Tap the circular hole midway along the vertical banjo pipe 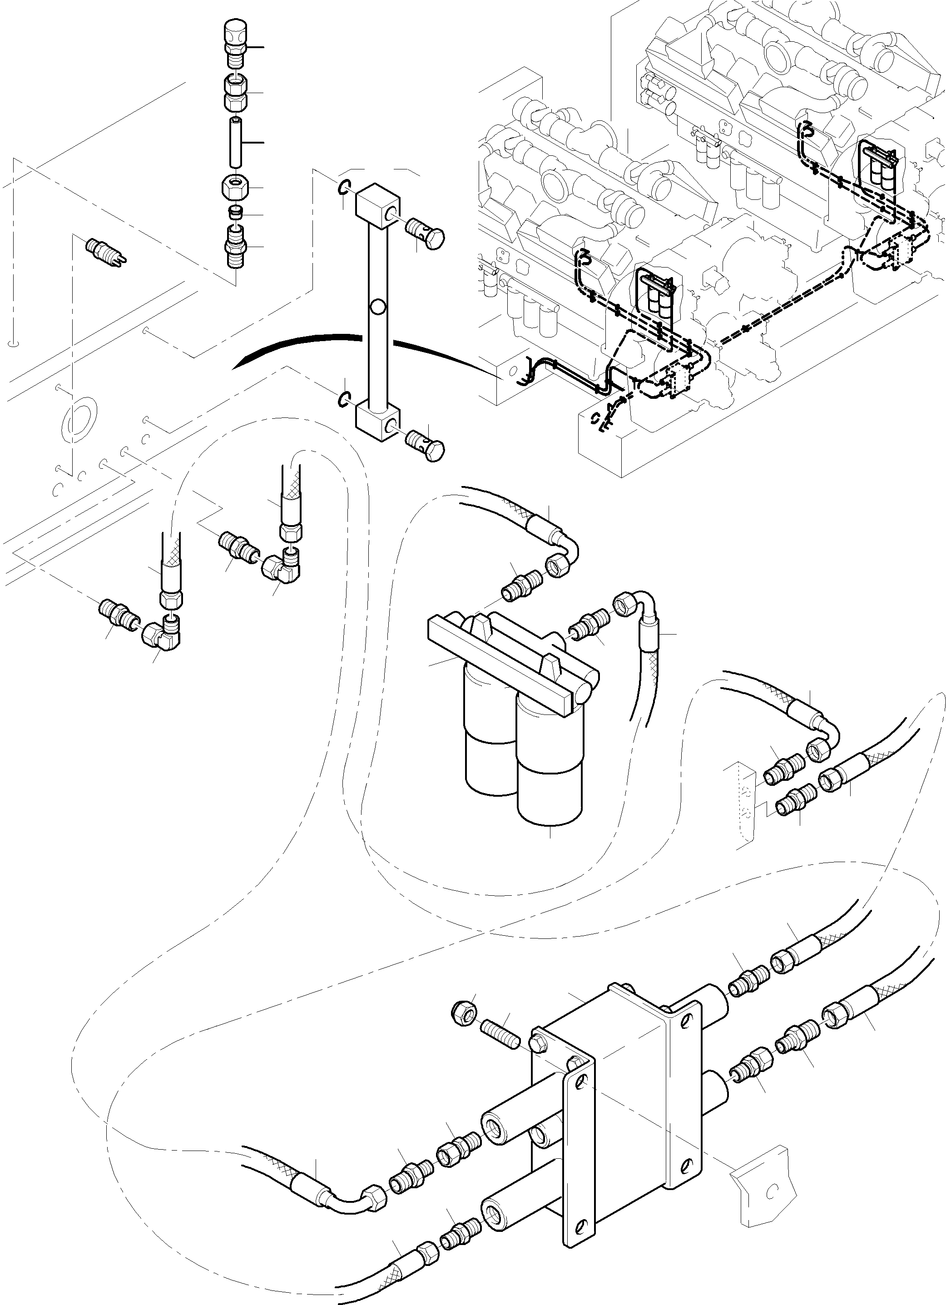pos(377,308)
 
